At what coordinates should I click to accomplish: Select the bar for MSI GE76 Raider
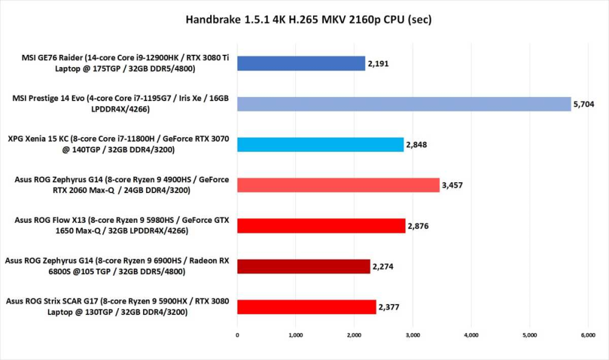click(301, 63)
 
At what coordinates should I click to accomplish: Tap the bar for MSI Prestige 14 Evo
click(404, 104)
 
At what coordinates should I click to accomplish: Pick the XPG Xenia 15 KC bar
click(320, 144)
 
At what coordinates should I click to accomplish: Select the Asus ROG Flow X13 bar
click(321, 225)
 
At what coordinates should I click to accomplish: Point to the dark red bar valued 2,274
click(303, 266)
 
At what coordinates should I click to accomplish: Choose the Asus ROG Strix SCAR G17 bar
click(306, 307)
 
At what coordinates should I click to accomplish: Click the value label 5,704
click(585, 105)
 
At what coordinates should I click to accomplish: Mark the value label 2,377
click(390, 307)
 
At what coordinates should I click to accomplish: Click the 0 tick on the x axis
click(238, 334)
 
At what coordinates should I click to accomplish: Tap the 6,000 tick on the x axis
click(588, 334)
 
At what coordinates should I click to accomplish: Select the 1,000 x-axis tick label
click(295, 334)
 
